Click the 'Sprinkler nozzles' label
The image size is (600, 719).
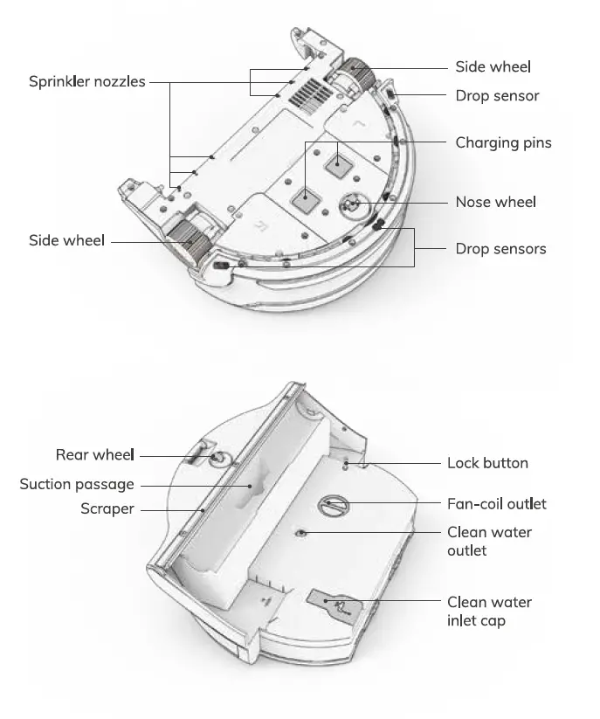pos(86,82)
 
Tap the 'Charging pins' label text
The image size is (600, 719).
pos(503,142)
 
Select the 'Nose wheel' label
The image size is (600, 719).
pos(495,202)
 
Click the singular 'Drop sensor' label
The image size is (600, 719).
pos(497,96)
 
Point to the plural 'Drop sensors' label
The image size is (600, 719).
pos(500,249)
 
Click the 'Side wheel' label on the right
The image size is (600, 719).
pos(493,67)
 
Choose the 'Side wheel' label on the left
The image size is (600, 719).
pos(66,240)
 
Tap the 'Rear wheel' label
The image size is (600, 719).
pos(95,455)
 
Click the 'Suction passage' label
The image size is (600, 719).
pos(77,484)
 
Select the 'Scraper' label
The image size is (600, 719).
pos(107,508)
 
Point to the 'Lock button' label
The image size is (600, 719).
pos(487,463)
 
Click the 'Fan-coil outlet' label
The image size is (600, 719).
pos(496,504)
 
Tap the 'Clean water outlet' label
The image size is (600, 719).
pos(489,541)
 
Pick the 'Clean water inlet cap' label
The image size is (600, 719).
pos(489,611)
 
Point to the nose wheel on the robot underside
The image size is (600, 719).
pos(352,204)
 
